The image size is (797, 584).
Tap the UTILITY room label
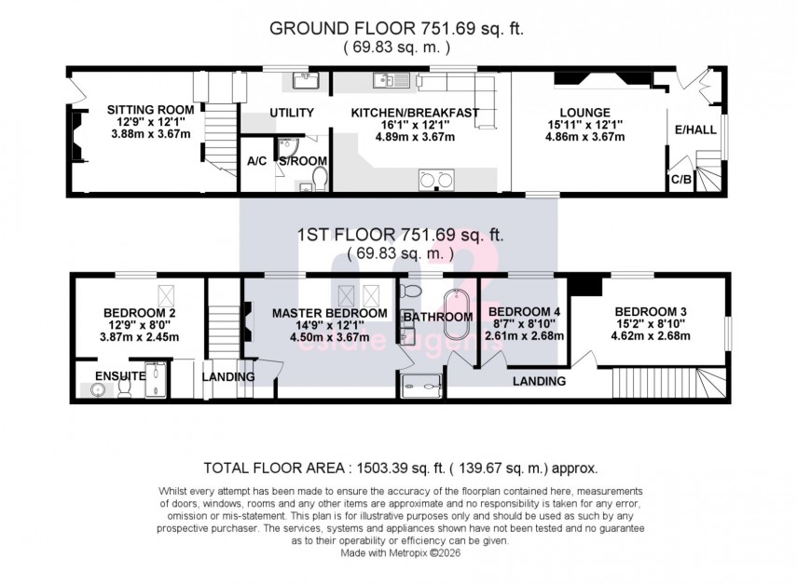[x=291, y=113]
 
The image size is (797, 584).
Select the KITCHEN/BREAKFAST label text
[x=414, y=113]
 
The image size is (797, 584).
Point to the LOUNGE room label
[x=584, y=113]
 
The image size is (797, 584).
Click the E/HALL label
[x=697, y=130]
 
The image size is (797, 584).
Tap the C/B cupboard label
[x=680, y=177]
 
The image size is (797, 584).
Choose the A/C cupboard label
[x=257, y=160]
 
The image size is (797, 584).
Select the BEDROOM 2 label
[x=139, y=313]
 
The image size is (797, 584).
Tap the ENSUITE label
[x=118, y=375]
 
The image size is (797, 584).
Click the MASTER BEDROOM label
[x=330, y=313]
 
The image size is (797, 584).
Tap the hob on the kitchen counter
[x=435, y=180]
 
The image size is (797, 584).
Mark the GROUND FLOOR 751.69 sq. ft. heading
[x=396, y=29]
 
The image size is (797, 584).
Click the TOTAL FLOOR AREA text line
[x=400, y=468]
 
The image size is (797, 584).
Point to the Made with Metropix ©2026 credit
[x=400, y=551]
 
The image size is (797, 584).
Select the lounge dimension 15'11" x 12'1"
[x=584, y=125]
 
